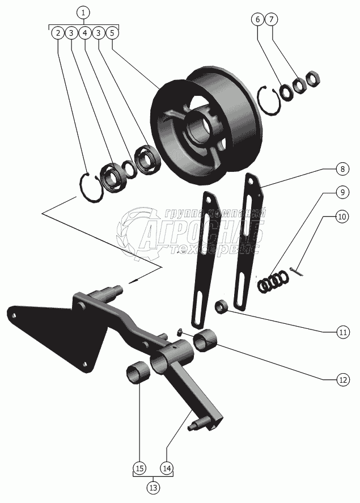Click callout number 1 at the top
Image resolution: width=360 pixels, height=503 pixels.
point(83,12)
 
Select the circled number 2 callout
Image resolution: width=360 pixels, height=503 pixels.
point(57,33)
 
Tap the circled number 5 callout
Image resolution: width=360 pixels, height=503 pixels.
point(112,33)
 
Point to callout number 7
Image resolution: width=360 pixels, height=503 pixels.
point(272,19)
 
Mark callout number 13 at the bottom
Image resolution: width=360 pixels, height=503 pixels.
point(153,487)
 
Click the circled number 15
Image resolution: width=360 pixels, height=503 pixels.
point(139,468)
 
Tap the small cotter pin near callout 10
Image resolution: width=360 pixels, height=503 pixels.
point(299,273)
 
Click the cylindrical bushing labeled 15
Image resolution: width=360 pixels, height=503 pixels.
point(138,374)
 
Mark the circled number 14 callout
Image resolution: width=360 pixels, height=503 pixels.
point(167,468)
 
